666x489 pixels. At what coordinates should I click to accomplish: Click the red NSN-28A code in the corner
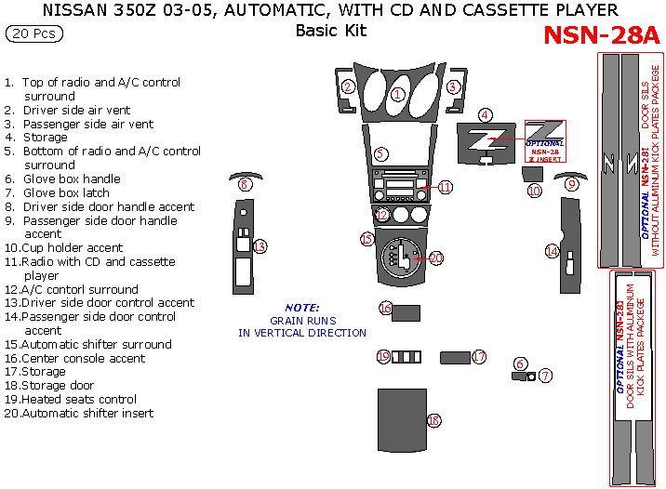point(600,35)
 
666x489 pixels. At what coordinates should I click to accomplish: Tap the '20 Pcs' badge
point(35,34)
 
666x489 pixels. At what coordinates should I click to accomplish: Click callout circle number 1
point(397,94)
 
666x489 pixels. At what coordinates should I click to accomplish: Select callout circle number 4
point(485,115)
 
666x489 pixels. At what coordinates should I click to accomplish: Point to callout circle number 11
point(446,187)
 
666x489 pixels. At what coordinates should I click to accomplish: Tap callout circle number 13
point(260,246)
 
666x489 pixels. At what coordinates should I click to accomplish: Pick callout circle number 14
point(552,252)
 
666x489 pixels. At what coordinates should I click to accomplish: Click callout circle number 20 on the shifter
point(435,258)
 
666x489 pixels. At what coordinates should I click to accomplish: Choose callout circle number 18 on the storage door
point(433,421)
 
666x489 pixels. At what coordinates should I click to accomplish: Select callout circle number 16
point(385,308)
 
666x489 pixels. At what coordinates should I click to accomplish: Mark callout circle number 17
point(479,357)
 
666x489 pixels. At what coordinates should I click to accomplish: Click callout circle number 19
point(383,357)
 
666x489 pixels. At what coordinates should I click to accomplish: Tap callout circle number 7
point(546,376)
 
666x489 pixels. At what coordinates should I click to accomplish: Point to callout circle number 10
point(534,191)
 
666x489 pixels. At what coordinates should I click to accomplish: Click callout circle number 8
point(244,185)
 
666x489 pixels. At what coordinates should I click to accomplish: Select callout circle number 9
point(571,185)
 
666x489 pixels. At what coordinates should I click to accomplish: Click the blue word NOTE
point(301,308)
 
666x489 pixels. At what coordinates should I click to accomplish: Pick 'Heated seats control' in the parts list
point(79,399)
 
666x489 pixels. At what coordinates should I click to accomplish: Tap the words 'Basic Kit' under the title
point(330,31)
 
